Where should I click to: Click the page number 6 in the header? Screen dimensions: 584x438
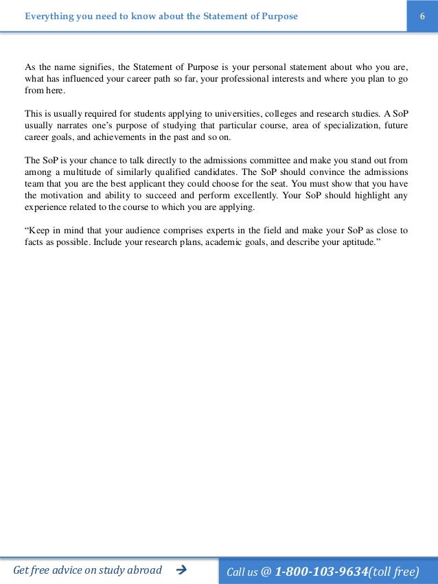(422, 16)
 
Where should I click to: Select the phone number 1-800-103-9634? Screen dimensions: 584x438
(321, 570)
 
